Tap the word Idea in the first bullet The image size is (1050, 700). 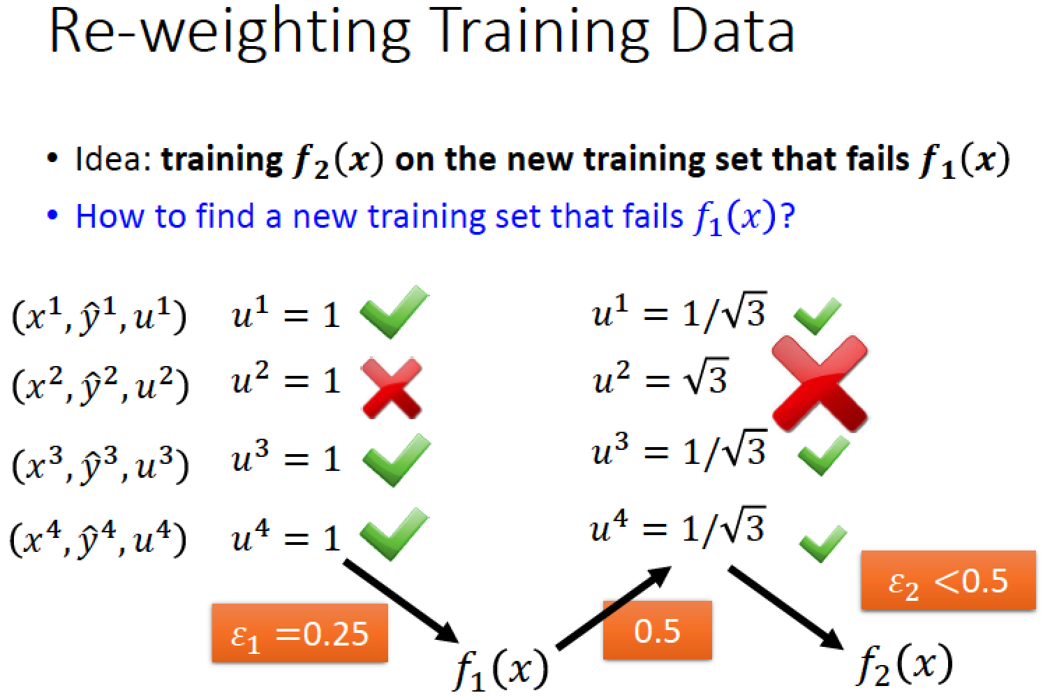click(x=112, y=159)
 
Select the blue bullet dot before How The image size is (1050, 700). click(x=52, y=216)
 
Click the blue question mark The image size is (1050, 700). click(x=787, y=216)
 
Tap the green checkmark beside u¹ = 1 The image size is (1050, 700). click(x=394, y=312)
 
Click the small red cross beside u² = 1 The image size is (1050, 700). click(x=392, y=388)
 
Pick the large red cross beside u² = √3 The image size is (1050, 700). click(x=820, y=384)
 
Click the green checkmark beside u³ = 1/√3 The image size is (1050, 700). click(x=824, y=455)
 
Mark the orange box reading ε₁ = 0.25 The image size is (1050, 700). click(x=300, y=634)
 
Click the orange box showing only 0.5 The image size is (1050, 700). click(x=658, y=630)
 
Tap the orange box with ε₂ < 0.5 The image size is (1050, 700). click(x=948, y=581)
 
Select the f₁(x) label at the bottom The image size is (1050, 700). click(x=501, y=669)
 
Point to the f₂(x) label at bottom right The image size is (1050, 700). click(x=905, y=664)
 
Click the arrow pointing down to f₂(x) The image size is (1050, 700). click(x=785, y=608)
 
